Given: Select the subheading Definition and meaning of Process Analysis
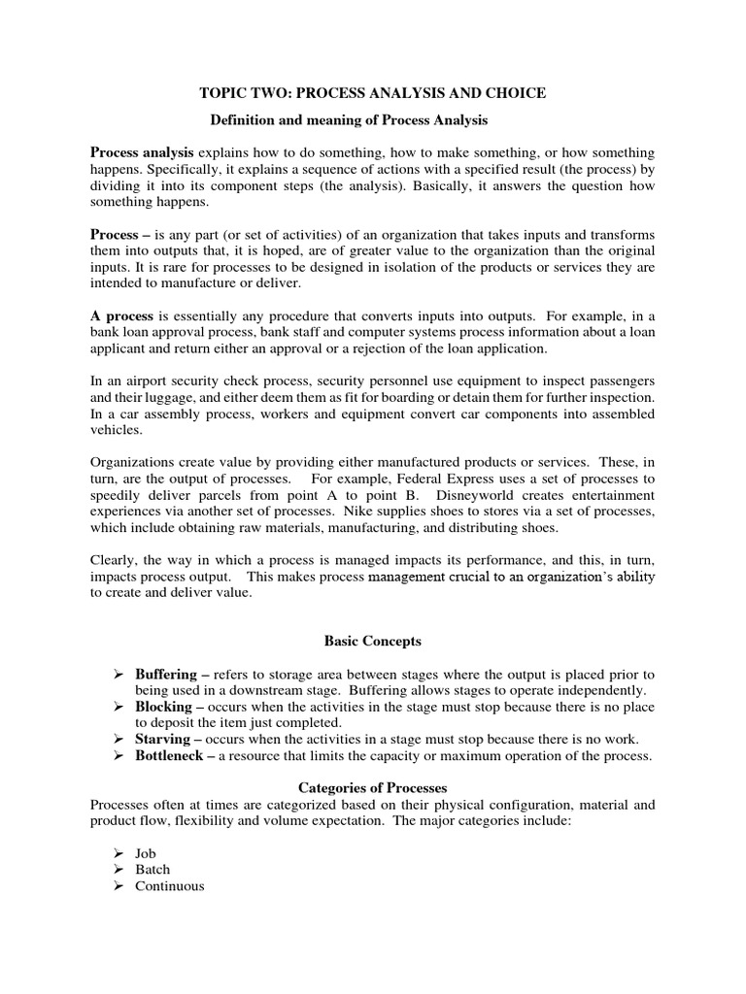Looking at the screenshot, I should click(349, 119).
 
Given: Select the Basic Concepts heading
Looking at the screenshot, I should click(371, 642).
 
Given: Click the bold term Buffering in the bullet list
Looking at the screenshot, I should click(166, 674).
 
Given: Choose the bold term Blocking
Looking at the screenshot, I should click(163, 707).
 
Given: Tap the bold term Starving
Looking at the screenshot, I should click(163, 740).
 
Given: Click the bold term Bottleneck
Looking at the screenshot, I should click(171, 756).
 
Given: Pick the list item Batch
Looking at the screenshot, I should click(153, 870).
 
